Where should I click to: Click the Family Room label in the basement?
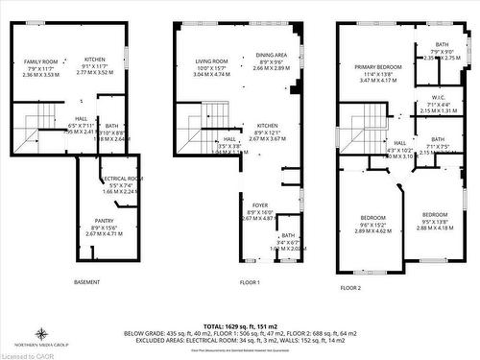point(41,60)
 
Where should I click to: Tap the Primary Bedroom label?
point(376,67)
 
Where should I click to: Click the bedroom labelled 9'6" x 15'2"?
point(372,218)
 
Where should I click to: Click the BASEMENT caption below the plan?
point(88,282)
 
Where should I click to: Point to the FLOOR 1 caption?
point(251,282)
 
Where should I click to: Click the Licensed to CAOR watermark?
point(28,354)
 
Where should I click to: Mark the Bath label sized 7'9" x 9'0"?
point(441,44)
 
